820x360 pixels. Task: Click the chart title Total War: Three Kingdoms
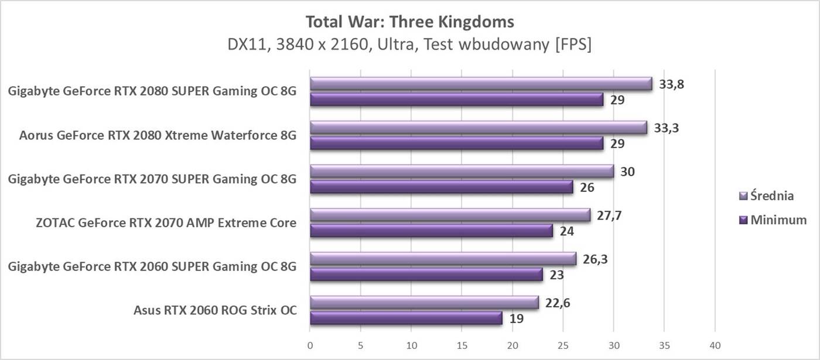[x=409, y=22]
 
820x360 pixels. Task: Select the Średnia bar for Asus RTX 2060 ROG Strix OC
[x=424, y=303]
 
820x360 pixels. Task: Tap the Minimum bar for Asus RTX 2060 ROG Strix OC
[x=406, y=318]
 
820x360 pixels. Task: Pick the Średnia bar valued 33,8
[x=481, y=84]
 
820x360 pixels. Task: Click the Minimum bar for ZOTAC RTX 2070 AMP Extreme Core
[x=431, y=231]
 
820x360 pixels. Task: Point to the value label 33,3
[x=666, y=128]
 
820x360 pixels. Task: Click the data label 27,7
[x=609, y=215]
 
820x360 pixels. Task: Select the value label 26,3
[x=595, y=259]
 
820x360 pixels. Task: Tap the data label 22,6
[x=558, y=303]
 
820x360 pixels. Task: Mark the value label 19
[x=517, y=319]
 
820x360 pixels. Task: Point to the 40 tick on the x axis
[x=715, y=345]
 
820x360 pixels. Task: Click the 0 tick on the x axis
[x=310, y=345]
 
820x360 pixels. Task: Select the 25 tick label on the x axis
[x=563, y=345]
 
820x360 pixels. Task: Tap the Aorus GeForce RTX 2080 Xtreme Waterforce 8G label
[x=158, y=135]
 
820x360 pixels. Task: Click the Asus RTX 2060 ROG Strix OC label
[x=215, y=310]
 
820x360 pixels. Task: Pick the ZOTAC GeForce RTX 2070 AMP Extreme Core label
[x=166, y=222]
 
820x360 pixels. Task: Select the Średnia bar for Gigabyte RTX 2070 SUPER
[x=462, y=171]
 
